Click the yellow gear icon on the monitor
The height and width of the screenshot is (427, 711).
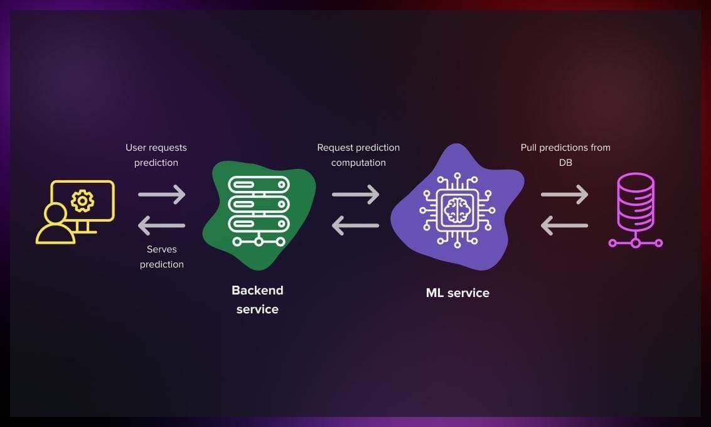coord(83,200)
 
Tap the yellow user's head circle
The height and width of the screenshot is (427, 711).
coord(56,213)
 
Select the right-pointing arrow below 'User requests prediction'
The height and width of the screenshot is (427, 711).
coord(162,194)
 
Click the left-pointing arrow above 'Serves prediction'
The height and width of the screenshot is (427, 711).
coord(161,225)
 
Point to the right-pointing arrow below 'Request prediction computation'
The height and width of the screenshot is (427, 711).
coord(355,194)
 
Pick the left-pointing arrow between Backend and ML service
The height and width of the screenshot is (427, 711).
coord(355,225)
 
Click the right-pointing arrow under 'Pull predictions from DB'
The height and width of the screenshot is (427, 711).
coord(565,194)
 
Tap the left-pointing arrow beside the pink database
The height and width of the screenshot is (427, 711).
coord(565,225)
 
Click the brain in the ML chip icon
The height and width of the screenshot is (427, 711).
coord(457,210)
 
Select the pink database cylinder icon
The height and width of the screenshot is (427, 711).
coord(636,202)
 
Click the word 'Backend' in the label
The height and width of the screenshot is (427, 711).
coord(257,290)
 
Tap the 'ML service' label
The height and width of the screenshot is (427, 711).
coord(457,293)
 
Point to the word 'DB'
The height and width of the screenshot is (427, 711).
coord(565,163)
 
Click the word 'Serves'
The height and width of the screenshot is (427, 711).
coord(162,249)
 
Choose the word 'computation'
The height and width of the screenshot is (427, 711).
coord(358,163)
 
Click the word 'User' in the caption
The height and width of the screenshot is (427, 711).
coord(135,148)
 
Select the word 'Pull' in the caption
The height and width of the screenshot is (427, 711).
coord(528,148)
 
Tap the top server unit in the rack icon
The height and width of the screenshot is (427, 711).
coord(259,185)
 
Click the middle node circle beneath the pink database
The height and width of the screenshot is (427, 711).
coord(636,244)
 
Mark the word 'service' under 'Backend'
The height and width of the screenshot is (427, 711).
coord(257,310)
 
